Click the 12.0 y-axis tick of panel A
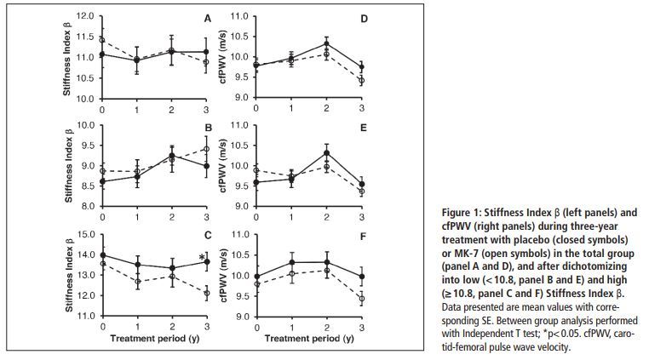[85, 17]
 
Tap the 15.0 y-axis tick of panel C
[85, 234]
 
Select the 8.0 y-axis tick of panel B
[88, 207]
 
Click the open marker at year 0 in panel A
[102, 40]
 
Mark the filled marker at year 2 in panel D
[326, 43]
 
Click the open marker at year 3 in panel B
[205, 149]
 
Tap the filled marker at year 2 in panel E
[326, 152]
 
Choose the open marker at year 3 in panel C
[205, 294]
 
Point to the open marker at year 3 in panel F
[362, 299]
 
